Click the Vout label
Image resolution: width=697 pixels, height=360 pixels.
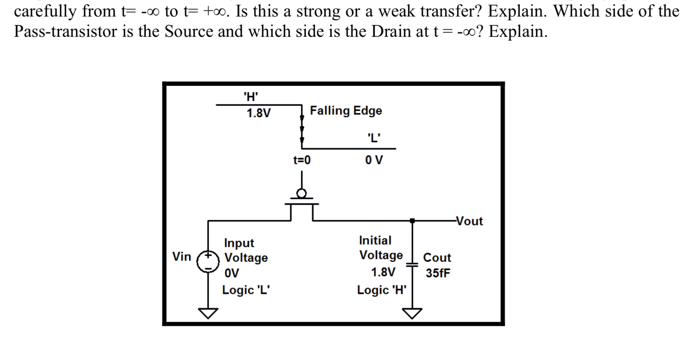pyautogui.click(x=469, y=221)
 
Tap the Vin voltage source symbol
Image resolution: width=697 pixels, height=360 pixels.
pyautogui.click(x=208, y=262)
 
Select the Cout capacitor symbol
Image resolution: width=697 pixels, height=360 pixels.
pyautogui.click(x=412, y=265)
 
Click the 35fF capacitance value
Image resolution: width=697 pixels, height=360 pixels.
pyautogui.click(x=438, y=273)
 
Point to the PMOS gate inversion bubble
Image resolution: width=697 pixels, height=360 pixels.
pyautogui.click(x=302, y=193)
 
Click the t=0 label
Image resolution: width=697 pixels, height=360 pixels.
pyautogui.click(x=302, y=160)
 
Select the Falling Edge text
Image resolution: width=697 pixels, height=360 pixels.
pyautogui.click(x=346, y=111)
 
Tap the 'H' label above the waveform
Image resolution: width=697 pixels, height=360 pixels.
pyautogui.click(x=251, y=97)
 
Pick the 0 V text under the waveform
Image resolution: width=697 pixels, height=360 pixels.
pyautogui.click(x=374, y=160)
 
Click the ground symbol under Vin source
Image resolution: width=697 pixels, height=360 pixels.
pyautogui.click(x=208, y=313)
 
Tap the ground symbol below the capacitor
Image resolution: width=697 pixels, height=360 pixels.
pyautogui.click(x=412, y=313)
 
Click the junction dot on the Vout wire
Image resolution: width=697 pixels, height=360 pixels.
pyautogui.click(x=412, y=221)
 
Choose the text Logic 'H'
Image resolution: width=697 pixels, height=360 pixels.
pyautogui.click(x=382, y=290)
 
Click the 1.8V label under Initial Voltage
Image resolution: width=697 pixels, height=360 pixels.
pyautogui.click(x=383, y=273)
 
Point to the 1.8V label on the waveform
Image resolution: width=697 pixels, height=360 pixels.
pyautogui.click(x=259, y=113)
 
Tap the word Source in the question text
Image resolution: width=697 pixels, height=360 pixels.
pyautogui.click(x=189, y=32)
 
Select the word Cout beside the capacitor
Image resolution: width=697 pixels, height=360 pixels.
pyautogui.click(x=437, y=257)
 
